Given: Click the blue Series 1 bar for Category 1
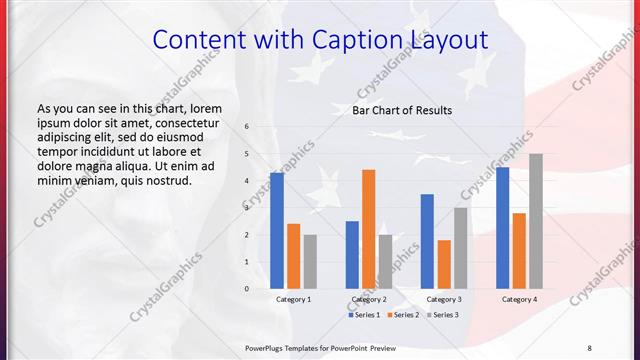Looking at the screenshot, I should point(277,231).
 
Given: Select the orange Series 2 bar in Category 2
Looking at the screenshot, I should point(368,229).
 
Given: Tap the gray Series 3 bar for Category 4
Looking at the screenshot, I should point(536,221).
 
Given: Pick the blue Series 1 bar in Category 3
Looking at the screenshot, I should point(427,241).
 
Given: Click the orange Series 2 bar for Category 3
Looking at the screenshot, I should point(444,264).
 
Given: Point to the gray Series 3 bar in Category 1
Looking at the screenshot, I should point(310,262).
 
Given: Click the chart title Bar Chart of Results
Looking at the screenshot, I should point(401,110).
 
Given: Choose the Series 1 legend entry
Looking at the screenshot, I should point(364,315).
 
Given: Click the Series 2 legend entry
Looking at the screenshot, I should point(402,315).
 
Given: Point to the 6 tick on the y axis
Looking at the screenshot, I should point(247,127).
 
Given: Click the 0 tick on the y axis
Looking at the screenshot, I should point(247,289).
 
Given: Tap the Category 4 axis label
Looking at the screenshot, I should point(519,299).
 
